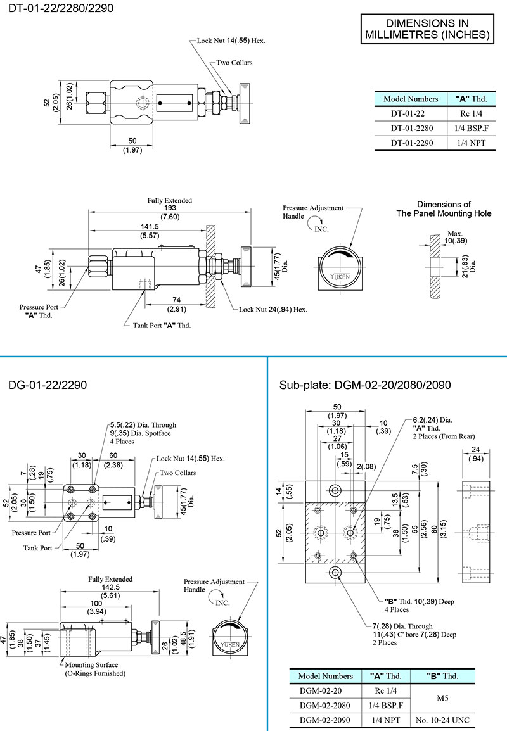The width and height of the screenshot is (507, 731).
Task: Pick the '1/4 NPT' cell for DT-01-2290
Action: pyautogui.click(x=470, y=143)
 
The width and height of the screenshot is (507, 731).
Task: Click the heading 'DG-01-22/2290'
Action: pyautogui.click(x=48, y=385)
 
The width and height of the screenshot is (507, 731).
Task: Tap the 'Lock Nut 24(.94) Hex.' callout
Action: pyautogui.click(x=273, y=310)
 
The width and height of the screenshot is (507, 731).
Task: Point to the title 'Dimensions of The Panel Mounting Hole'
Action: pyautogui.click(x=444, y=209)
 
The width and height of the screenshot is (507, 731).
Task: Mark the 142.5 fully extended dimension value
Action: pyautogui.click(x=110, y=587)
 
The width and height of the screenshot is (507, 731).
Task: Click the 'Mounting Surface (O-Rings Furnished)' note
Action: pyautogui.click(x=94, y=669)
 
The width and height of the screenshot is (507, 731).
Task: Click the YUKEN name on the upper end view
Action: pyautogui.click(x=343, y=277)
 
